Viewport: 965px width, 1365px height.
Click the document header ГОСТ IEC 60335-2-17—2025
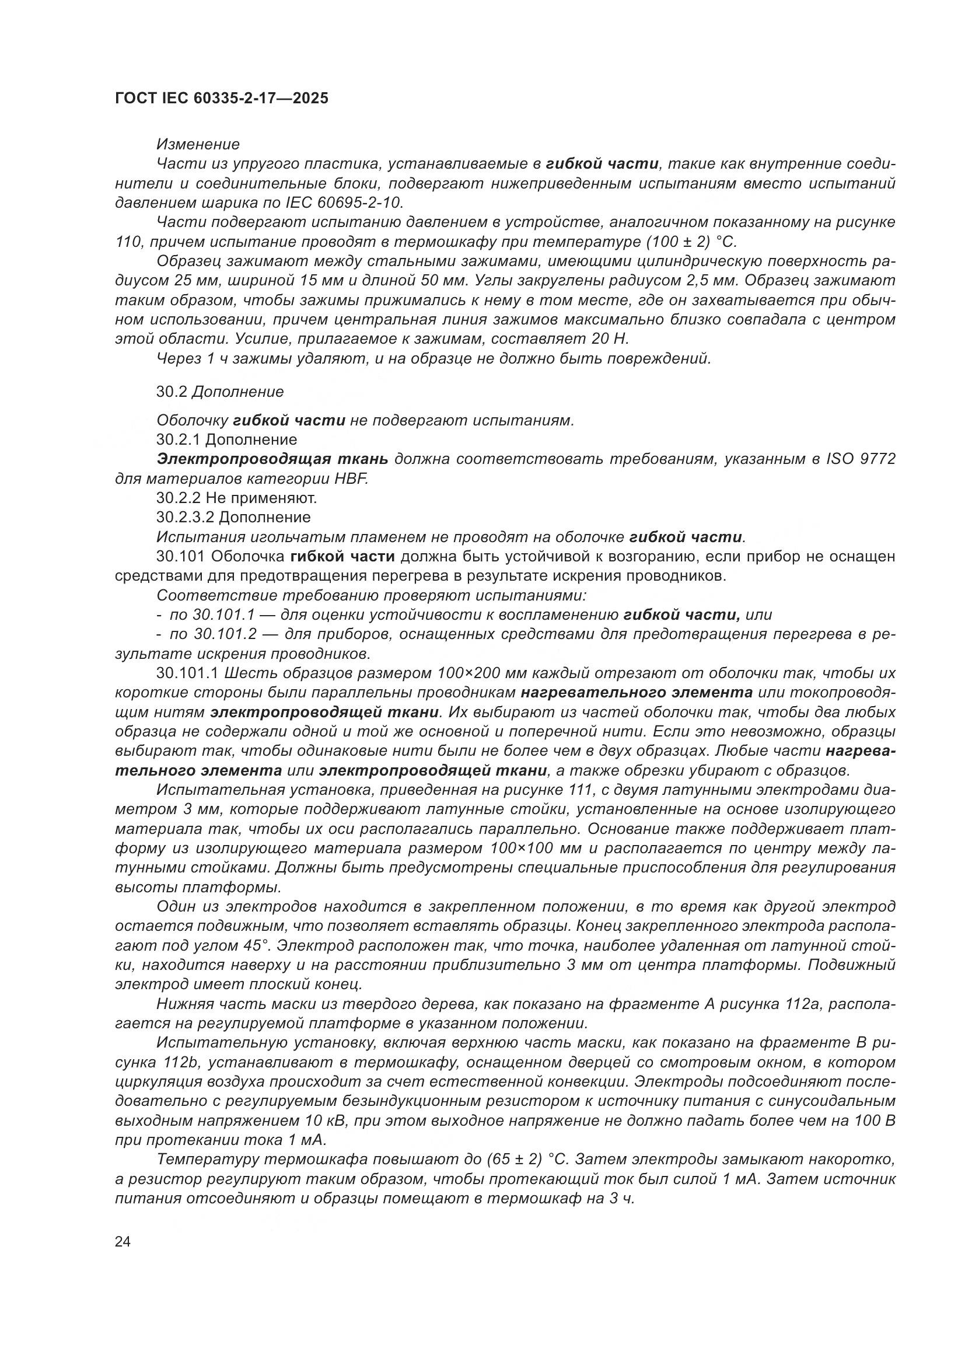point(221,99)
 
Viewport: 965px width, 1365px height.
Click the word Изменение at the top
point(198,145)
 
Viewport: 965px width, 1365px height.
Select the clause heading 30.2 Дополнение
point(220,392)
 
